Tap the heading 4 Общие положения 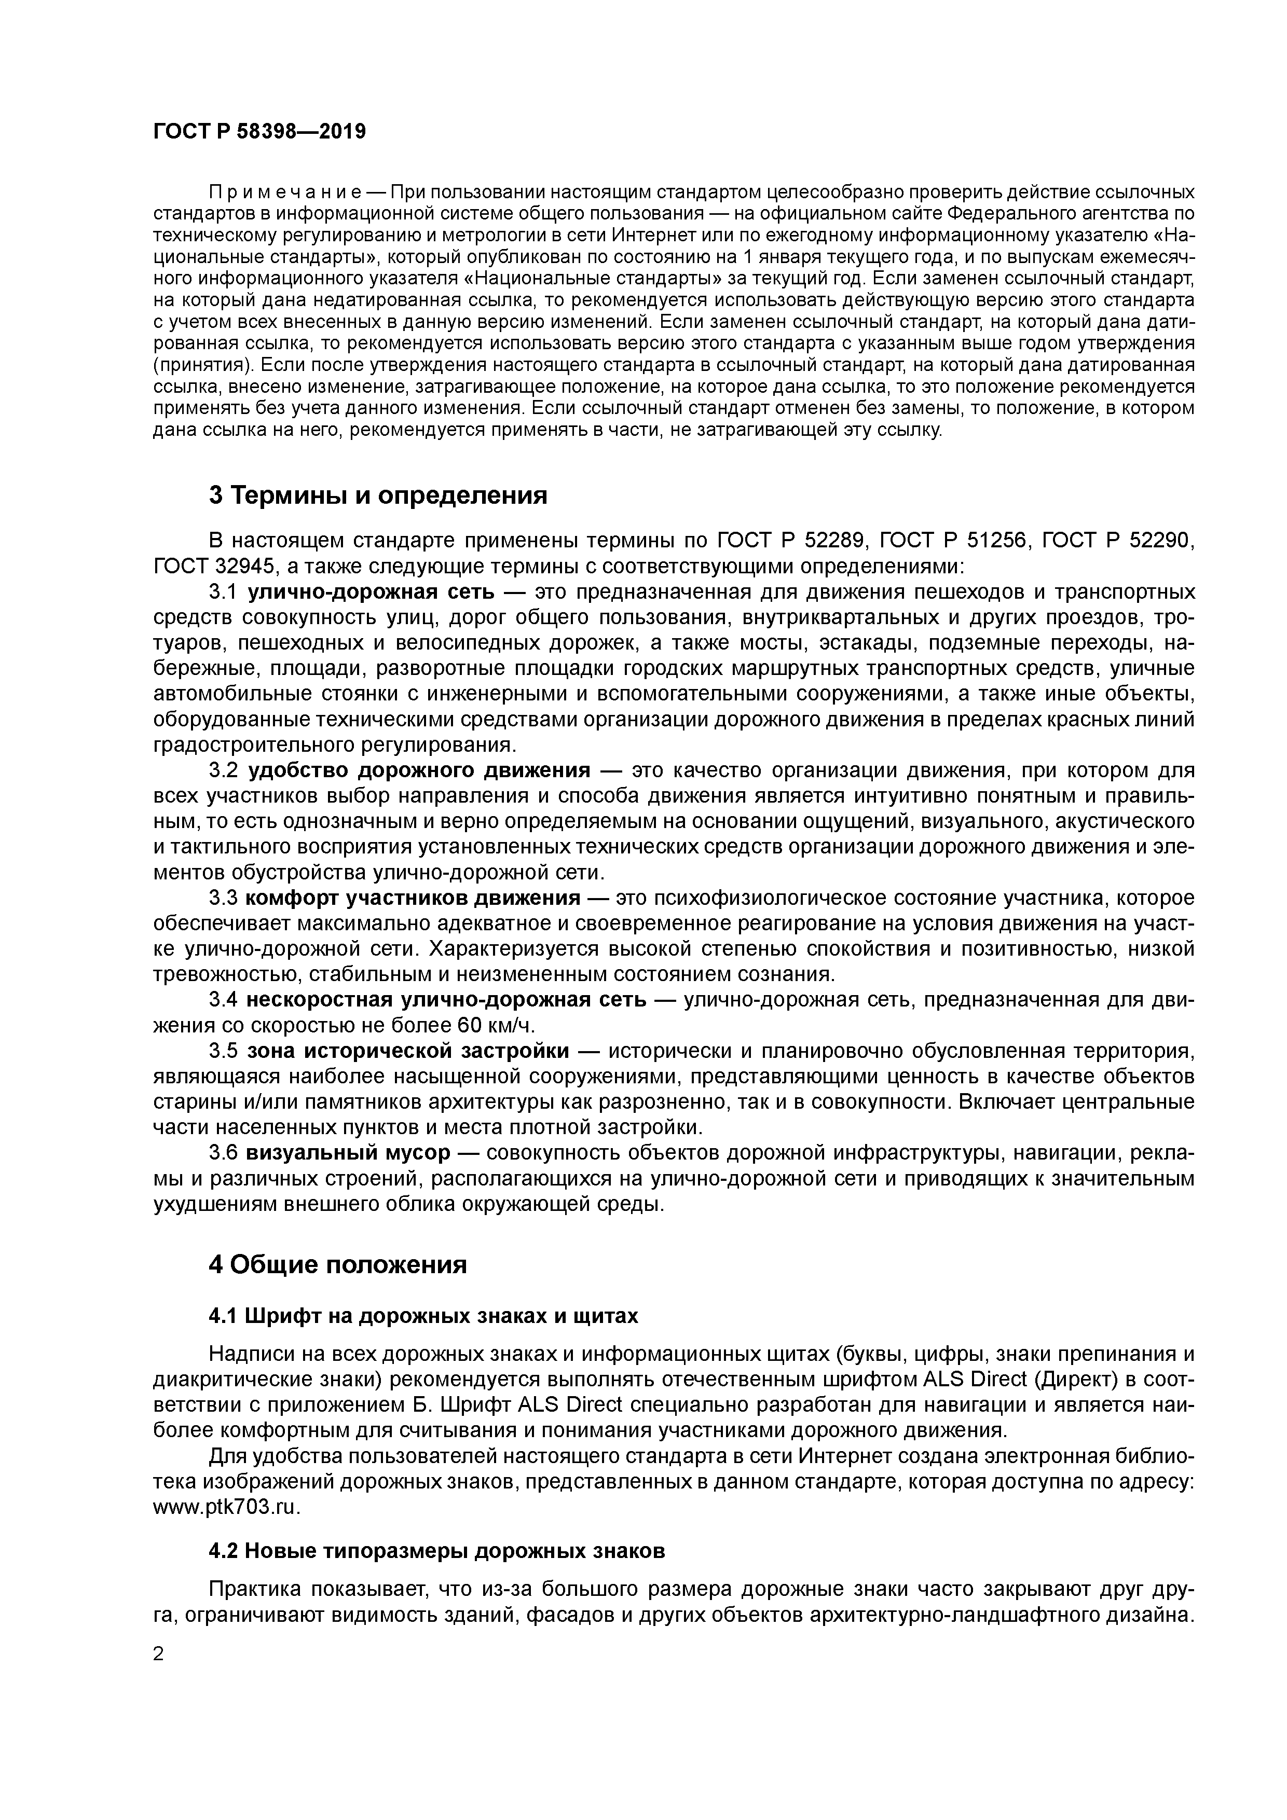tap(337, 1264)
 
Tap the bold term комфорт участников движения tap(413, 898)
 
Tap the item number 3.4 tap(223, 1000)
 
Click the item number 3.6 tap(223, 1153)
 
